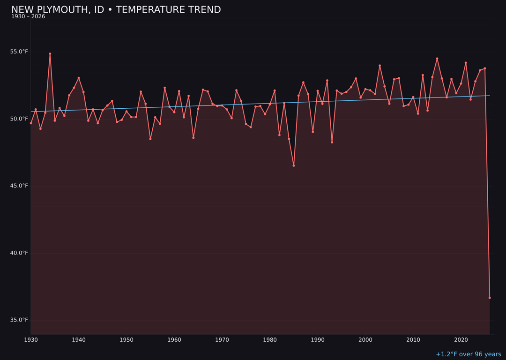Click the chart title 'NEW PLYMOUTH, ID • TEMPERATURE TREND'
pyautogui.click(x=116, y=10)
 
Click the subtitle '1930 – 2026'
pyautogui.click(x=28, y=17)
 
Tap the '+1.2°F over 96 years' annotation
pyautogui.click(x=468, y=354)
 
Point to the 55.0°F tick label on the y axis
pyautogui.click(x=20, y=52)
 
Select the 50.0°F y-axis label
pyautogui.click(x=20, y=119)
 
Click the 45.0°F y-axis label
pyautogui.click(x=20, y=186)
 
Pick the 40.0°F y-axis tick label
pyautogui.click(x=20, y=253)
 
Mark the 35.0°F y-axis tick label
pyautogui.click(x=20, y=320)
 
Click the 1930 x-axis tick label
pyautogui.click(x=31, y=340)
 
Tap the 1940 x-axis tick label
pyautogui.click(x=79, y=340)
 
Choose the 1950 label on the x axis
pyautogui.click(x=126, y=340)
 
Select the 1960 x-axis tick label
pyautogui.click(x=174, y=340)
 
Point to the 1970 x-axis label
pyautogui.click(x=222, y=340)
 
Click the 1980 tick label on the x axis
pyautogui.click(x=270, y=340)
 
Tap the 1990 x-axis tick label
pyautogui.click(x=318, y=340)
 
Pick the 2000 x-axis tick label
pyautogui.click(x=365, y=340)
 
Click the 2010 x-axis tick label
pyautogui.click(x=413, y=340)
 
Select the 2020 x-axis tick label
pyautogui.click(x=461, y=340)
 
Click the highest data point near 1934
pyautogui.click(x=50, y=54)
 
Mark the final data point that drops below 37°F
pyautogui.click(x=490, y=298)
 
